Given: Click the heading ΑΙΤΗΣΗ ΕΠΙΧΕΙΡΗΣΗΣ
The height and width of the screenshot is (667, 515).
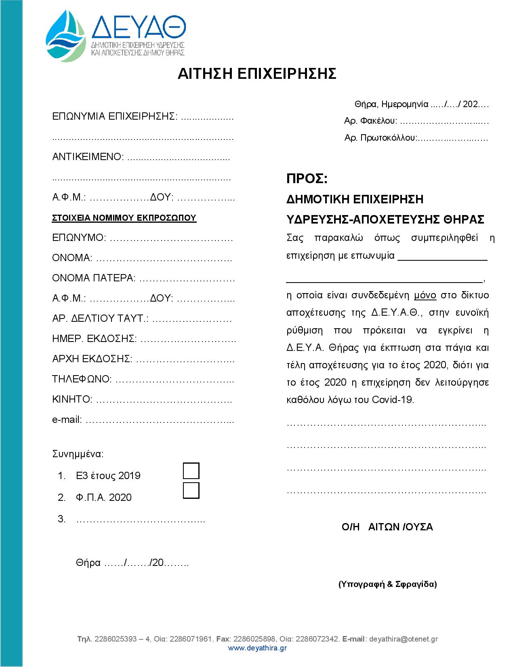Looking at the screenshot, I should click(x=257, y=74).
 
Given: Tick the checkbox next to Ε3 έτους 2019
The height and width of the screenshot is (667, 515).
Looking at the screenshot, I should click(x=191, y=471).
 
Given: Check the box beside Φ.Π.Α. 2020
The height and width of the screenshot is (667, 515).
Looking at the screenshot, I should click(x=191, y=490).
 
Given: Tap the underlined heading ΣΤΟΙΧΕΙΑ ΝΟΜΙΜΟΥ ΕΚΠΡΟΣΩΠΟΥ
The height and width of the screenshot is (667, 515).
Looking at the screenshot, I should click(x=124, y=218).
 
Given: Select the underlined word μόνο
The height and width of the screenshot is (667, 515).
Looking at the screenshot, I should click(x=425, y=295).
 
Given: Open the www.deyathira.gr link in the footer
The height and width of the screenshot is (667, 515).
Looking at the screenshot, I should click(x=257, y=648).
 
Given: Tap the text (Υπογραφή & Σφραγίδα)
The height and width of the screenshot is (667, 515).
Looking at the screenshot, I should click(x=387, y=584).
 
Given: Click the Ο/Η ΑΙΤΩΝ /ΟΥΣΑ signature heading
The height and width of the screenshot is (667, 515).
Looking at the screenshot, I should click(x=387, y=527).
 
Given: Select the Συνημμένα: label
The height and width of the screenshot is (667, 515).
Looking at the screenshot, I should click(x=78, y=454).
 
